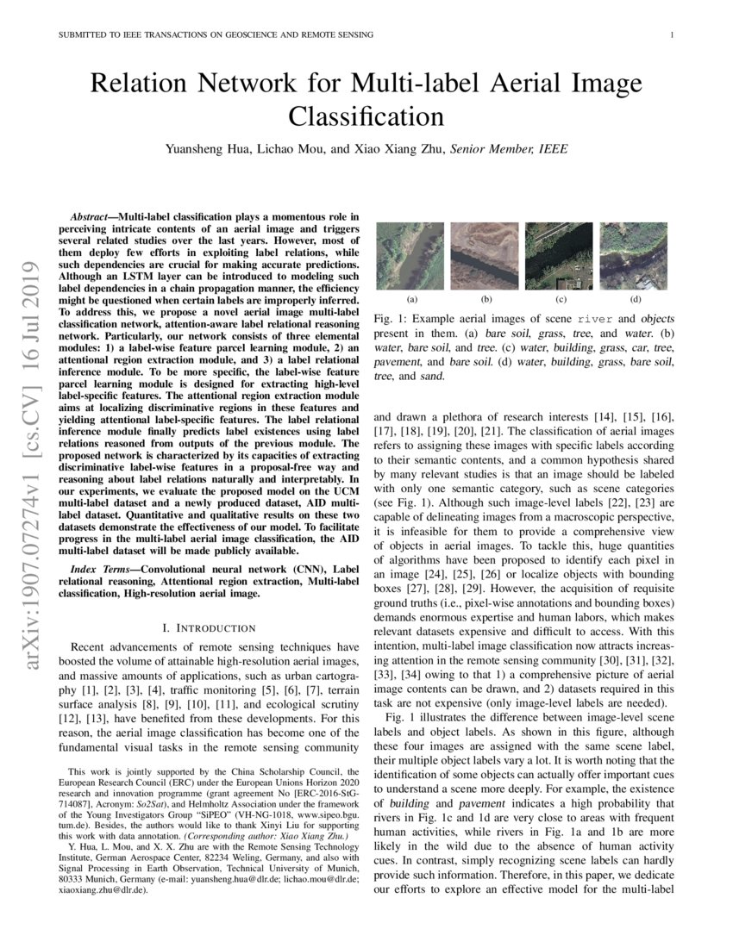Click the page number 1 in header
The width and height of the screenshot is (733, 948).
point(671,34)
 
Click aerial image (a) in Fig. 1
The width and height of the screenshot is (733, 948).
point(410,255)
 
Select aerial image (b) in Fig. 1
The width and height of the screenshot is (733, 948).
point(486,255)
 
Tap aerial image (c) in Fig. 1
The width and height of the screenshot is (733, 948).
point(561,255)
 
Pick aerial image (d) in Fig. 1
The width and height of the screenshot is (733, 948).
point(636,255)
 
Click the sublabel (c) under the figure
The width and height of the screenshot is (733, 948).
point(561,300)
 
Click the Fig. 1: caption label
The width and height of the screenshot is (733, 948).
point(390,319)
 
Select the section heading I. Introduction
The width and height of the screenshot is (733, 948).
point(210,627)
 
